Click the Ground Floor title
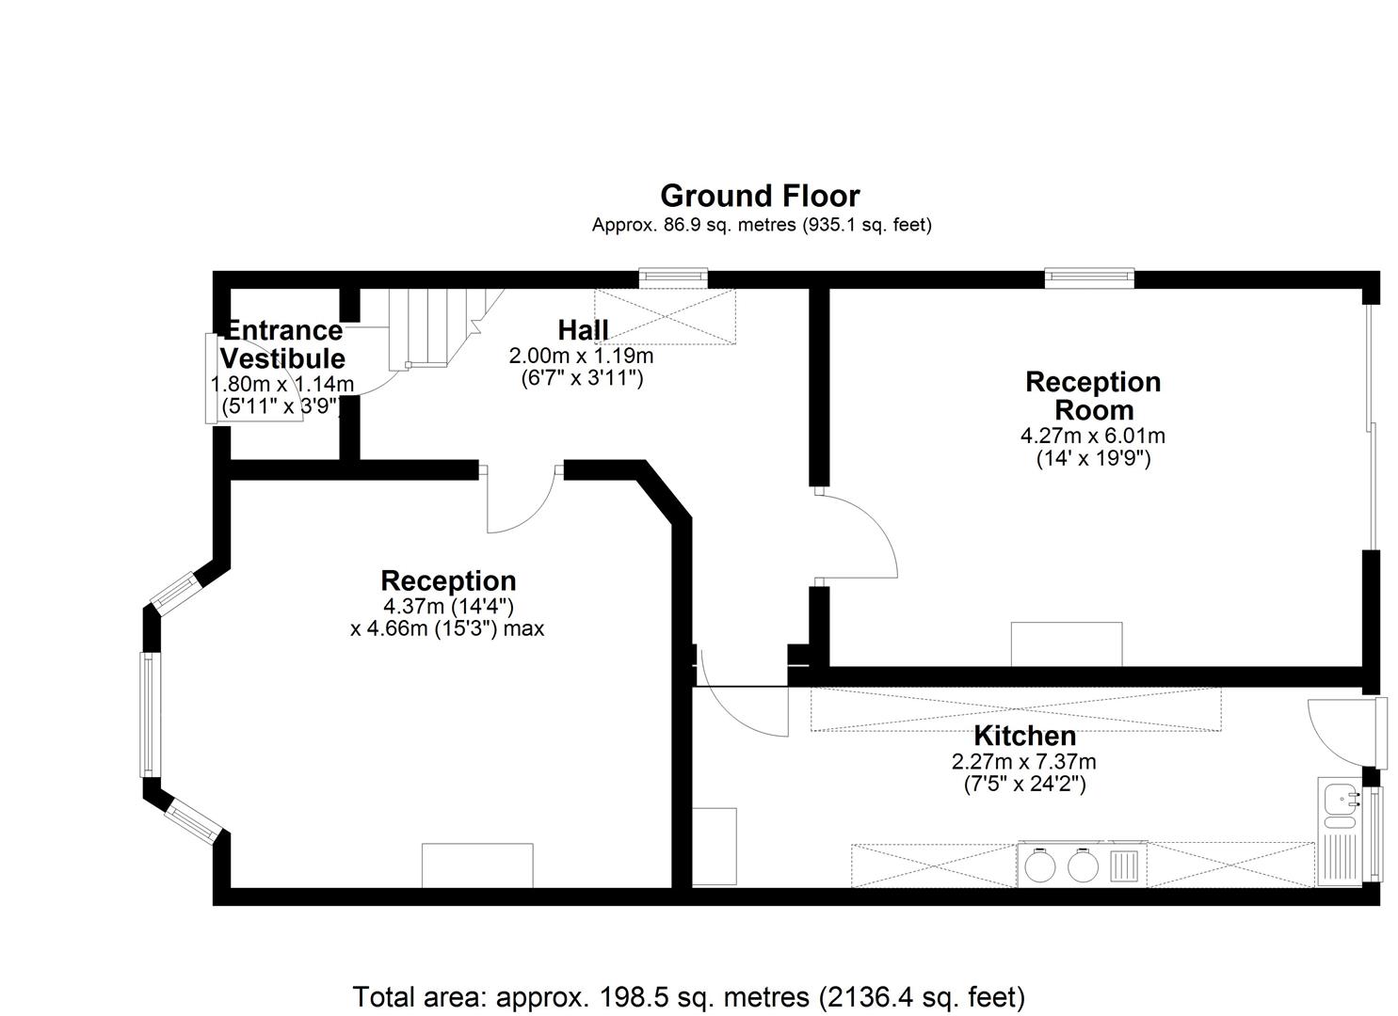pos(760,196)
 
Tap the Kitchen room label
pos(1024,736)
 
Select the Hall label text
pos(583,330)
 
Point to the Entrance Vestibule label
pos(282,344)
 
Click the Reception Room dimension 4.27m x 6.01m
pos(1092,436)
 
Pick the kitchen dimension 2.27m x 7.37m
pos(1023,762)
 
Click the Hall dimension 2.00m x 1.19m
pos(581,357)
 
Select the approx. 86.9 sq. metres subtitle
pos(762,225)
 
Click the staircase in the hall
pos(437,328)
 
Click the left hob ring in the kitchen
pos(1039,867)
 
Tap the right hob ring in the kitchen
pos(1083,867)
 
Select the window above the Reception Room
pos(1090,278)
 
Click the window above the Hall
pos(673,278)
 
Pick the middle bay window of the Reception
pos(150,715)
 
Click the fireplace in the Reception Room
pos(1067,643)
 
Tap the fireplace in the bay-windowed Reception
pos(477,865)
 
